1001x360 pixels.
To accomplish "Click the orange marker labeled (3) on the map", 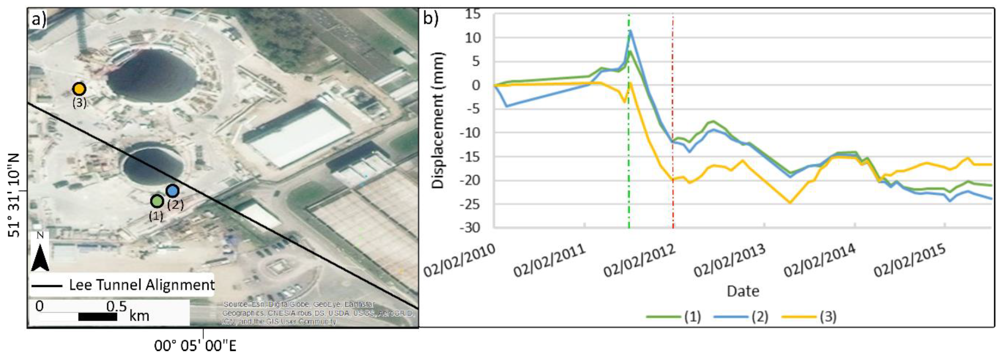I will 79,89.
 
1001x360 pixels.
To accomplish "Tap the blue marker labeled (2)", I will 173,191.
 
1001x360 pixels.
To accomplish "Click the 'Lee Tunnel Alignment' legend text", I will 141,285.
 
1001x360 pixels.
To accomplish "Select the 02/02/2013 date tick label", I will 729,261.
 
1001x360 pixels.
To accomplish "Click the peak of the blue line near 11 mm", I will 630,31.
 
